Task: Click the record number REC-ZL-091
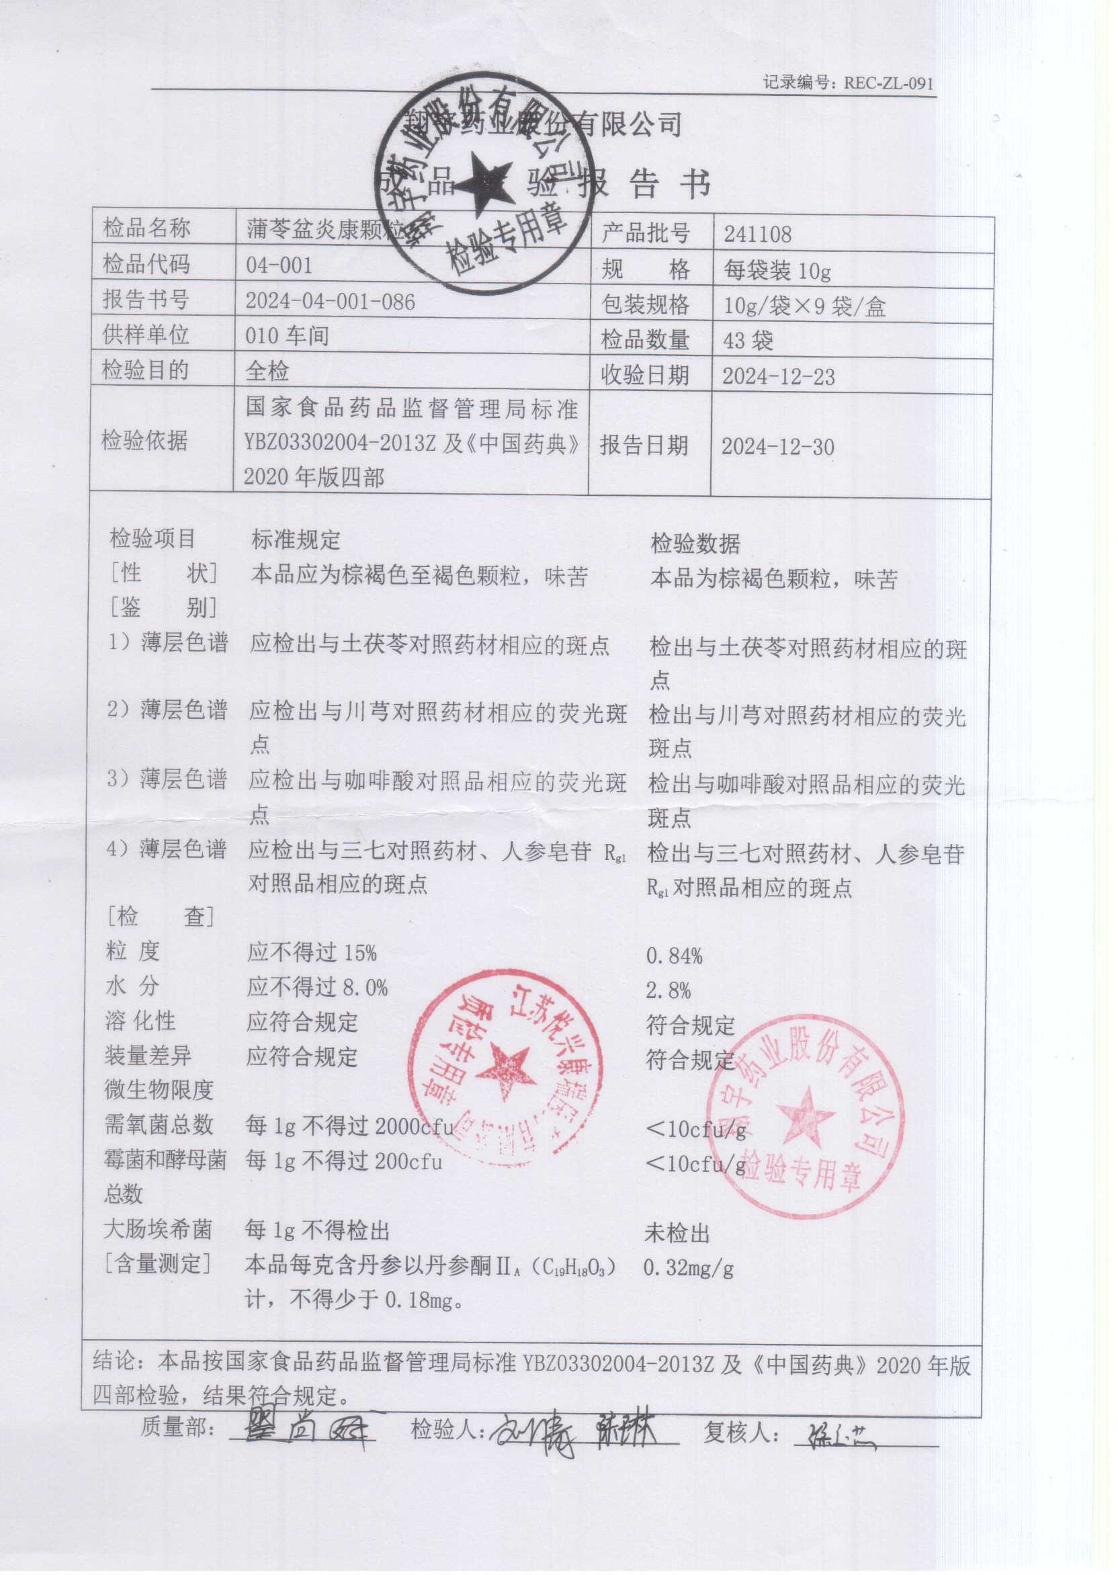click(888, 83)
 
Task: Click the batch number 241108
click(757, 235)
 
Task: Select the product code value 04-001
click(279, 265)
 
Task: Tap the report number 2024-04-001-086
click(331, 302)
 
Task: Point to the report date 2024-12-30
click(778, 447)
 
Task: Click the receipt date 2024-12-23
click(778, 376)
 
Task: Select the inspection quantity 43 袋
click(748, 341)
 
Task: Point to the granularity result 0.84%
click(674, 956)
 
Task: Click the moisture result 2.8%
click(668, 990)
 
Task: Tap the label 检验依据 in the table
click(144, 441)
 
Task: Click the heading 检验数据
click(695, 544)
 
